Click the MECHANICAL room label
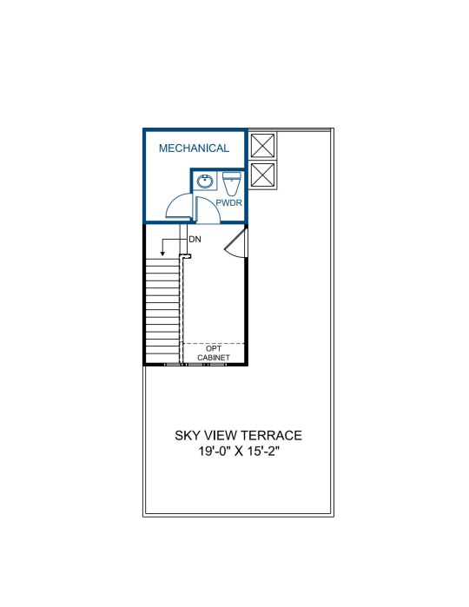tap(194, 148)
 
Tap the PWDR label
tap(229, 202)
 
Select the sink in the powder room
tap(205, 181)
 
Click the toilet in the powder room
tap(232, 184)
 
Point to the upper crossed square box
tap(262, 146)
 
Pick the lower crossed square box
tap(262, 175)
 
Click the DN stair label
tap(195, 240)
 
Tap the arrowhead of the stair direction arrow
tap(162, 254)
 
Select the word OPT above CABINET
tap(214, 349)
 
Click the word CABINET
tap(214, 358)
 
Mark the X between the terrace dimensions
tap(239, 452)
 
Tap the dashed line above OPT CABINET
tap(214, 343)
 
